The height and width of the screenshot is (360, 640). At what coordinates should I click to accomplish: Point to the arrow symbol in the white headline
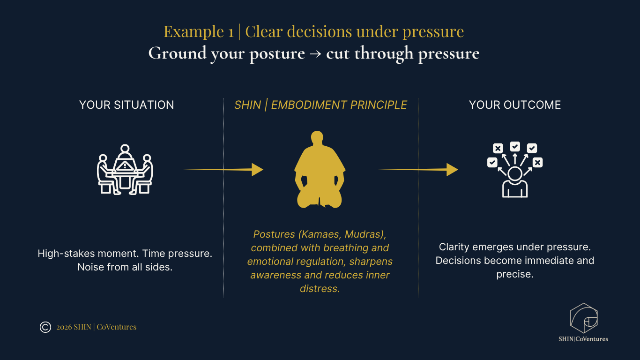tap(315, 53)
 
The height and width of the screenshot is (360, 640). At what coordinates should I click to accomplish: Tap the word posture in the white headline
tap(277, 54)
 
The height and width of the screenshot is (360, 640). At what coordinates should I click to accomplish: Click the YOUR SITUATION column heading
tap(127, 105)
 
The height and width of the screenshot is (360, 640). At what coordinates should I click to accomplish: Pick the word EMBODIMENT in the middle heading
tap(309, 105)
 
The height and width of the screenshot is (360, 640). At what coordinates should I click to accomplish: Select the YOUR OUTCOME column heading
tap(515, 105)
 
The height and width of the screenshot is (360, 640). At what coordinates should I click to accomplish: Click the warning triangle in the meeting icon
tap(125, 166)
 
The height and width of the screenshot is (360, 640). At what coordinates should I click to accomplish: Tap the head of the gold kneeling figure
tap(317, 137)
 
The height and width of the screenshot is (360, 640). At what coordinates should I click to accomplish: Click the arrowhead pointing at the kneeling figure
tap(257, 170)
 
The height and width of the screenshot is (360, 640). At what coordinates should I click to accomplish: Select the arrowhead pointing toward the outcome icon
tap(452, 170)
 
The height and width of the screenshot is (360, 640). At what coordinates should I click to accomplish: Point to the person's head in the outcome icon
tap(515, 173)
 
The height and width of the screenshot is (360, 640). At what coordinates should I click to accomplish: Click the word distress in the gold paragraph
tap(320, 289)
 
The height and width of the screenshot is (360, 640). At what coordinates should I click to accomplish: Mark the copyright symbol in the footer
tap(45, 327)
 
